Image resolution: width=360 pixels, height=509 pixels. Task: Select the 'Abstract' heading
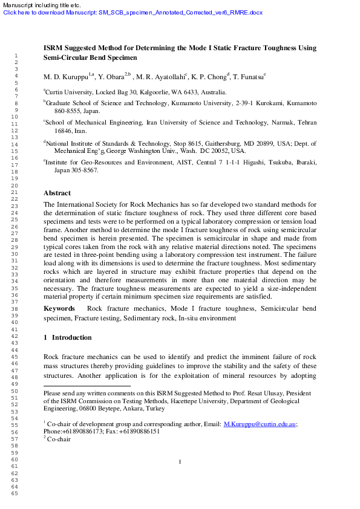pyautogui.click(x=57, y=193)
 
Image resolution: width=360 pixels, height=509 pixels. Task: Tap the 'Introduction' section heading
pyautogui.click(x=71, y=337)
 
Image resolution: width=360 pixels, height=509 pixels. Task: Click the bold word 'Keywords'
pyautogui.click(x=59, y=308)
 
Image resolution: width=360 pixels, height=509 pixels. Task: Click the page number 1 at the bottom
pyautogui.click(x=180, y=462)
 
